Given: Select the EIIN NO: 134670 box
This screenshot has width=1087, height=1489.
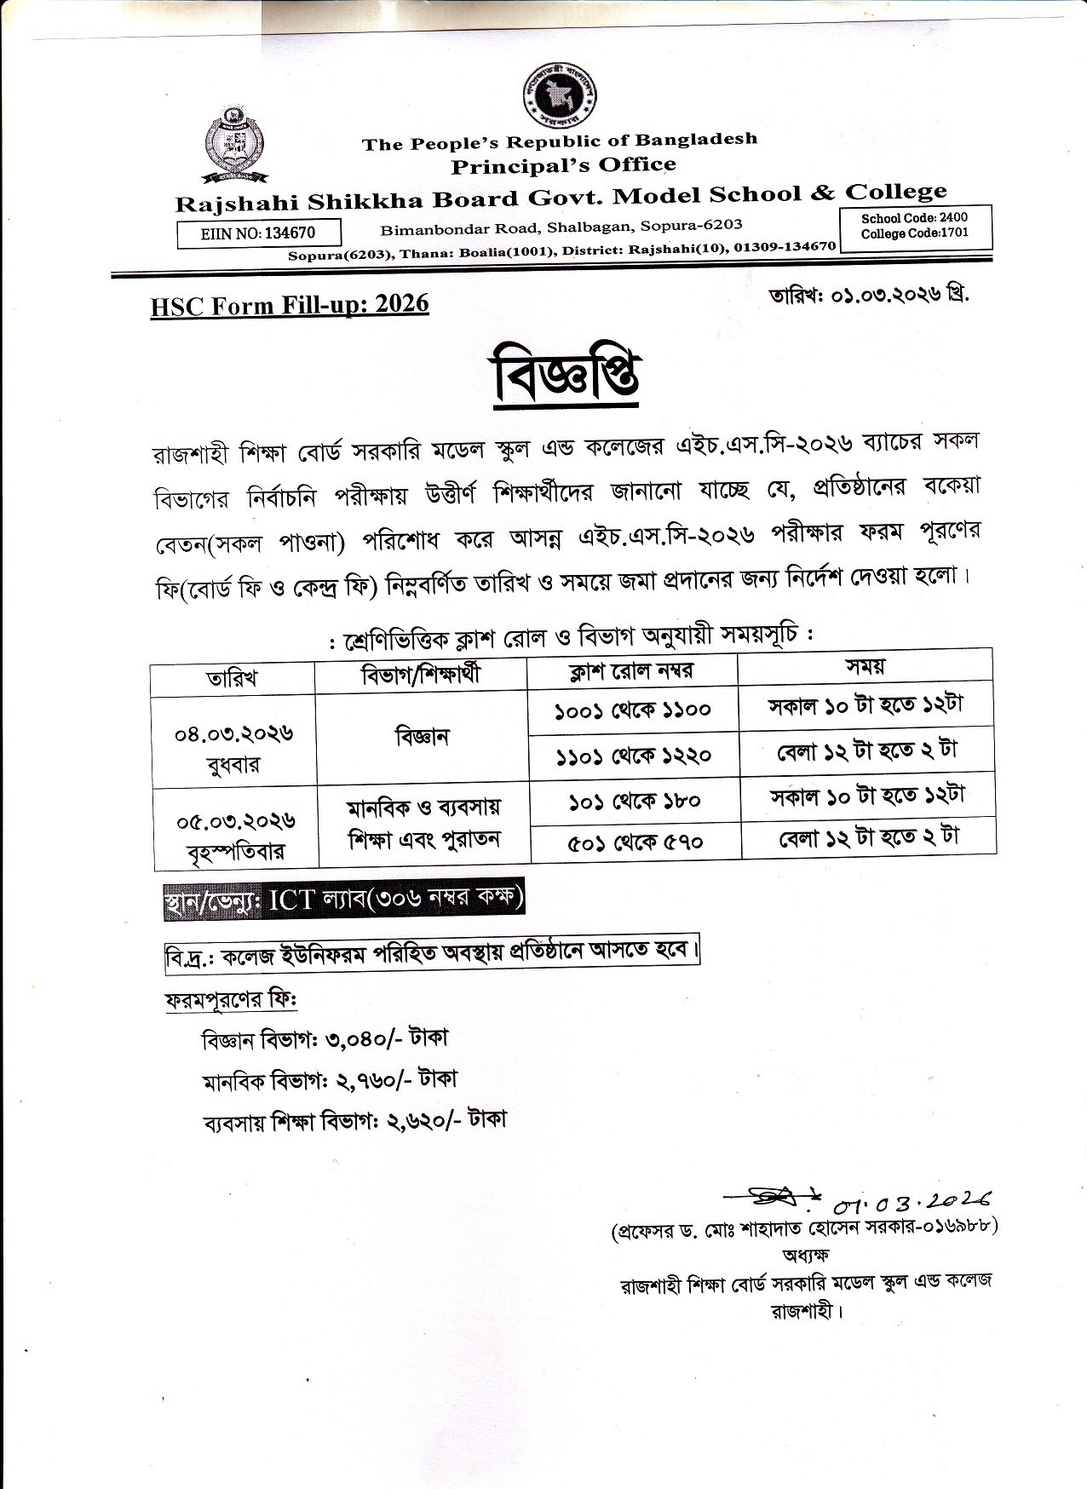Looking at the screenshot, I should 259,233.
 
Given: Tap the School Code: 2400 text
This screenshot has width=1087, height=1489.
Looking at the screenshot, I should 914,218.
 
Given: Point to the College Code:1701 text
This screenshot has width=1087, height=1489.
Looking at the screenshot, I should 914,233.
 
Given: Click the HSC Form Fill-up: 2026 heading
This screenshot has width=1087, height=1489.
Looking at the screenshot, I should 290,305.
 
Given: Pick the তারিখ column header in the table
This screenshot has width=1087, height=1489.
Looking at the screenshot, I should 232,679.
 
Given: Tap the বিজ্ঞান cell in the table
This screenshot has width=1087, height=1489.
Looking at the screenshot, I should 422,737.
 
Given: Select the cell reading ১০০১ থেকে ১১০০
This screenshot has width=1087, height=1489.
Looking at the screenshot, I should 632,710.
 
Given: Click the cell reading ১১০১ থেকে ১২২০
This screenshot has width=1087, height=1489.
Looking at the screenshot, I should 633,755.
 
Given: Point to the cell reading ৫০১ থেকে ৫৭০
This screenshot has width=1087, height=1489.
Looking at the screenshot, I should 636,842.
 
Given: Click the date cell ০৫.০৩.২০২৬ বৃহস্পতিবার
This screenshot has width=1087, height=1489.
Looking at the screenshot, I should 236,836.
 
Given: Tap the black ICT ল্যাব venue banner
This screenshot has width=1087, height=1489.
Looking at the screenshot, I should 344,901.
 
